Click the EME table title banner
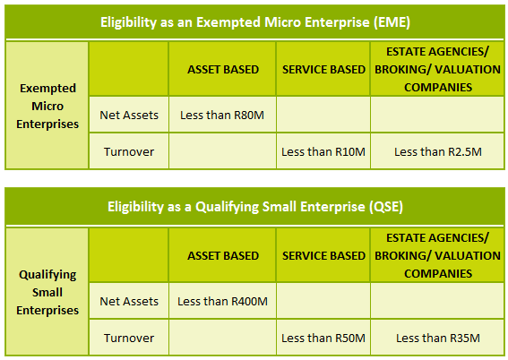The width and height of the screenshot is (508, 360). pos(255,22)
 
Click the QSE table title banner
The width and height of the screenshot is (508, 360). pos(255,206)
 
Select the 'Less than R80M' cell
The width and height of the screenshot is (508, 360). pos(222,115)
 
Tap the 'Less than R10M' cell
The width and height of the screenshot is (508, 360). pos(323,151)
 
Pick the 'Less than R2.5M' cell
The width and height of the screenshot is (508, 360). pos(438,151)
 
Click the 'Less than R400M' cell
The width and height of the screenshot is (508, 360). pos(222,301)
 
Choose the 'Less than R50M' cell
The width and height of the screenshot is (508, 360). pos(323,338)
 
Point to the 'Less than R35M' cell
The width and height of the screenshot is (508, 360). pos(438,338)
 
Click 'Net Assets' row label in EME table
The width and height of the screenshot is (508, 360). pos(129,115)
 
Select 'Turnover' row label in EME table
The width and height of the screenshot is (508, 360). pos(129,151)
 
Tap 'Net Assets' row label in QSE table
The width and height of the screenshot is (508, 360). pos(129,301)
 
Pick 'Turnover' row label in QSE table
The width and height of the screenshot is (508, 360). pos(129,338)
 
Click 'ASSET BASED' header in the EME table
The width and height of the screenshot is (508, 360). pos(223,69)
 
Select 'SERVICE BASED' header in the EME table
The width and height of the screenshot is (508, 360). pos(323,69)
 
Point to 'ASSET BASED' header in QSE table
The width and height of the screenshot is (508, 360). pos(223,255)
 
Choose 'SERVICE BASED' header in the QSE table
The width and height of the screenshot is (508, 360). pos(323,255)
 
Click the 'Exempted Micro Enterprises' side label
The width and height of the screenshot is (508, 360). pos(47,106)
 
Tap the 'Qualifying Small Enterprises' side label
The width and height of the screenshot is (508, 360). pos(47,292)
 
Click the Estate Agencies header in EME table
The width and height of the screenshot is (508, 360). pos(438,69)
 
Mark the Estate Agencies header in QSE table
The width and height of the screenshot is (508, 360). pos(438,255)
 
